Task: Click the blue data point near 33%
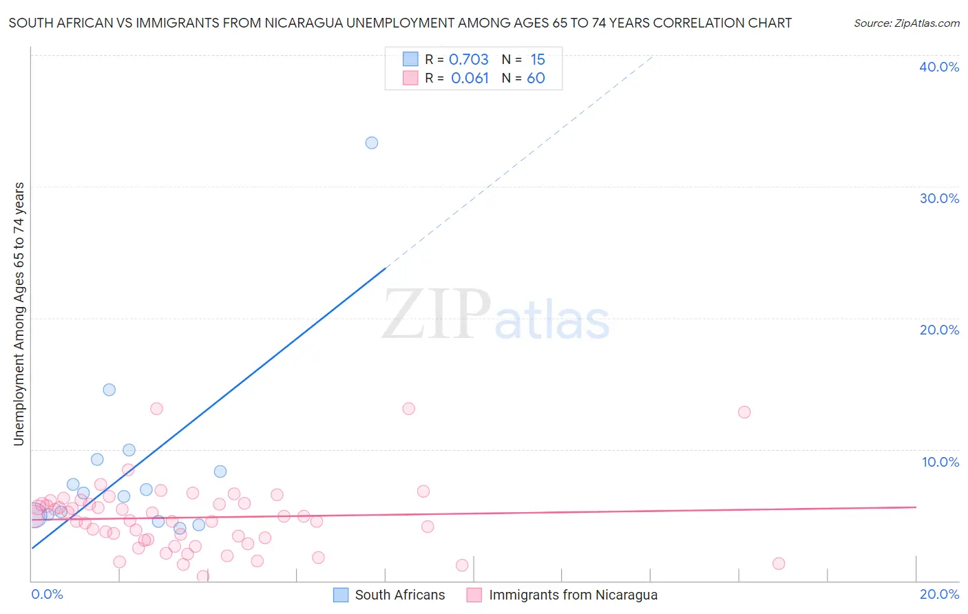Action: pyautogui.click(x=372, y=143)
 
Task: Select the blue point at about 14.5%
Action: pyautogui.click(x=109, y=390)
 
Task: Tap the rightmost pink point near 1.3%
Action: pyautogui.click(x=779, y=564)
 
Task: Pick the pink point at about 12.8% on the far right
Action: pyautogui.click(x=744, y=412)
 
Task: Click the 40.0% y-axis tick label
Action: pyautogui.click(x=939, y=67)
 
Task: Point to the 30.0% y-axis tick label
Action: pyautogui.click(x=939, y=199)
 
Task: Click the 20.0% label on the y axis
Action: pyautogui.click(x=939, y=330)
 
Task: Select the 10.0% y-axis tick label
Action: pyautogui.click(x=940, y=462)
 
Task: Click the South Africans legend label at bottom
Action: pyautogui.click(x=400, y=595)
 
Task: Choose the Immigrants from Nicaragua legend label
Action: pyautogui.click(x=573, y=595)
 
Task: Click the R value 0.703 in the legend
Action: pyautogui.click(x=469, y=60)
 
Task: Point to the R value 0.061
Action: pyautogui.click(x=470, y=78)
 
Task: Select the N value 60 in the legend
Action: pyautogui.click(x=536, y=78)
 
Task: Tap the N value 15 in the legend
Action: pyautogui.click(x=538, y=60)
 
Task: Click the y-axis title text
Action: pyautogui.click(x=19, y=314)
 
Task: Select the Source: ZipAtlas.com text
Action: pyautogui.click(x=906, y=23)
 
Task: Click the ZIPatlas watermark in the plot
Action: pyautogui.click(x=496, y=315)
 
